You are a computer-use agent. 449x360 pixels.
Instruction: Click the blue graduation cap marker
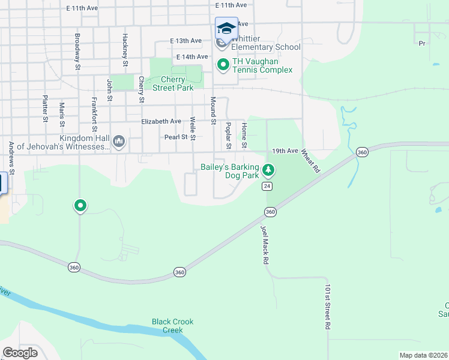pyautogui.click(x=226, y=28)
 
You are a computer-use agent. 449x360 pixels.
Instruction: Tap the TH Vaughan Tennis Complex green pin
pyautogui.click(x=223, y=64)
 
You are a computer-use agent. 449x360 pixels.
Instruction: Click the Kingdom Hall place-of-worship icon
pyautogui.click(x=119, y=142)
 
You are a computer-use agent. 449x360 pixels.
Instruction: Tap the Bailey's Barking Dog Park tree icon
pyautogui.click(x=268, y=171)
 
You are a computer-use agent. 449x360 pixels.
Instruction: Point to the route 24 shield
pyautogui.click(x=267, y=187)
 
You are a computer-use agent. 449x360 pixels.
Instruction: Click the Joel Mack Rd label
pyautogui.click(x=264, y=245)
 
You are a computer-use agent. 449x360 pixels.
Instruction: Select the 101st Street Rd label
pyautogui.click(x=328, y=307)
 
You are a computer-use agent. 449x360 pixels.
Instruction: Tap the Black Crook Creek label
pyautogui.click(x=172, y=326)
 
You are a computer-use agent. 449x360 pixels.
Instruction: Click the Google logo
pyautogui.click(x=20, y=353)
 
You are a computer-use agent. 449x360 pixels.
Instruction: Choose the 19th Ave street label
pyautogui.click(x=285, y=151)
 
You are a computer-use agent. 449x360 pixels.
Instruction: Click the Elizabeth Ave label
pyautogui.click(x=161, y=121)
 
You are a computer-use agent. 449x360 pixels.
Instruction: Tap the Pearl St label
pyautogui.click(x=176, y=137)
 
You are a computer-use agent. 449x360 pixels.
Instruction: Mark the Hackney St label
pyautogui.click(x=125, y=50)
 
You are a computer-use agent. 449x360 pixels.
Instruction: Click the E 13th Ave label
pyautogui.click(x=185, y=41)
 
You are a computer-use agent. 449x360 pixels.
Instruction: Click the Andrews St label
pyautogui.click(x=11, y=155)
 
